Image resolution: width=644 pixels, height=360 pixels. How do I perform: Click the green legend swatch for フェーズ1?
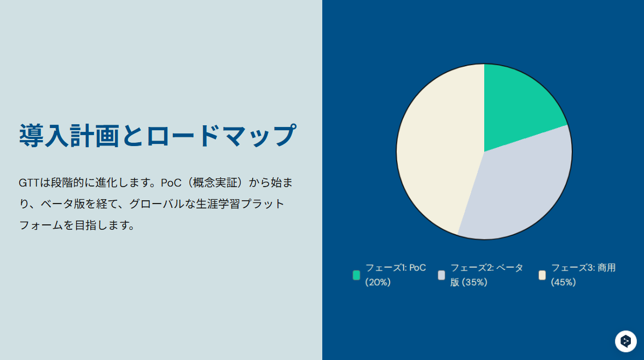(x=357, y=275)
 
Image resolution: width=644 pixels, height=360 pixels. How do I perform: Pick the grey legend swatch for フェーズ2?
(x=442, y=275)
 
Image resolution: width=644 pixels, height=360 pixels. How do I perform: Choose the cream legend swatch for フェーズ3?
(x=542, y=275)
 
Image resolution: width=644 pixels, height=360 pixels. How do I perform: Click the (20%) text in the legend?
(x=378, y=282)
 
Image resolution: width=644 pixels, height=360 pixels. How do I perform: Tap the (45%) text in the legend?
(x=564, y=282)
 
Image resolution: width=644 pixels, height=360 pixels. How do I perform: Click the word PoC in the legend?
(x=417, y=268)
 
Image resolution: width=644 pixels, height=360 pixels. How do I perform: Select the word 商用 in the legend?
(x=607, y=268)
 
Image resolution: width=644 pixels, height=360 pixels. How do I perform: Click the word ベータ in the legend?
(x=510, y=268)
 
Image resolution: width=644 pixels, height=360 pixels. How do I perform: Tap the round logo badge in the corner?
(x=625, y=341)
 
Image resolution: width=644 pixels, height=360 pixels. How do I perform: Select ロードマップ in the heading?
(x=221, y=136)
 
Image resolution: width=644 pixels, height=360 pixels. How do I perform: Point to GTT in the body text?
(x=29, y=183)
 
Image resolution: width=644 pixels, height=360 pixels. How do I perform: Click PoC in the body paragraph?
(x=171, y=183)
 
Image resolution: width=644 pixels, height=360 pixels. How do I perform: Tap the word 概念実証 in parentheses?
(x=215, y=183)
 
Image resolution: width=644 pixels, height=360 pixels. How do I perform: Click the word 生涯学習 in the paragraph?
(x=218, y=204)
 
